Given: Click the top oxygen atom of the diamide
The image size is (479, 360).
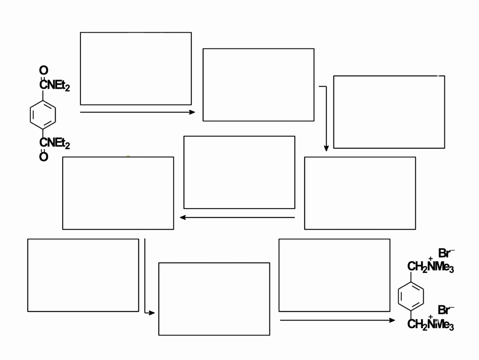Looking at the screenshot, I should [44, 71].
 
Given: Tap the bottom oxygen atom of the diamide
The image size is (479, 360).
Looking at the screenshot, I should [44, 157].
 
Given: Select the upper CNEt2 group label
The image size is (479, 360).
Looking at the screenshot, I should [55, 85].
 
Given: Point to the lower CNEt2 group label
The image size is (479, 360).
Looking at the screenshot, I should [55, 143].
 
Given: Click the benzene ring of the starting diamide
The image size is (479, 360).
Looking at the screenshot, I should [43, 114].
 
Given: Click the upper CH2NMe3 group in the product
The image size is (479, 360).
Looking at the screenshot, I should [430, 267].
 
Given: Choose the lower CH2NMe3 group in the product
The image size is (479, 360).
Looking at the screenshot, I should [430, 324].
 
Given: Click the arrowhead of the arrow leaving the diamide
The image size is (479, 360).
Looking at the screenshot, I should [192, 112].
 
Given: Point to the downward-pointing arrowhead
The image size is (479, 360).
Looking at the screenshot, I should [326, 148].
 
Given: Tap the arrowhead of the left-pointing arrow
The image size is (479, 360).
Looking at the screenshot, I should [183, 217].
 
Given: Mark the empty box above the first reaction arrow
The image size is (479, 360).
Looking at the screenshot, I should [136, 68].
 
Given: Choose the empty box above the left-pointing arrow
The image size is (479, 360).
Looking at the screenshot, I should [239, 172].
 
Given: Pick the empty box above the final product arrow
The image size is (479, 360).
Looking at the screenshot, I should [334, 275].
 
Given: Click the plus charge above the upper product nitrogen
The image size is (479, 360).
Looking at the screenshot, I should [430, 258].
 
